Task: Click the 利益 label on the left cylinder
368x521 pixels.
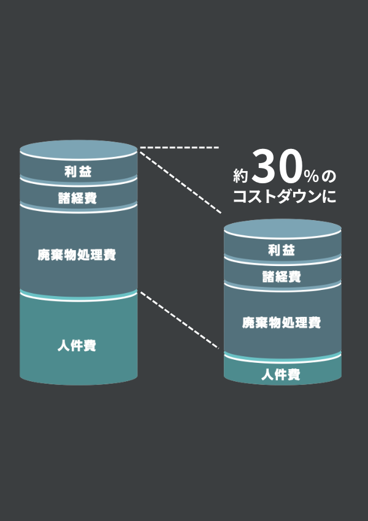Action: coord(78,172)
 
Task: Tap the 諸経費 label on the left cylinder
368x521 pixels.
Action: coord(78,198)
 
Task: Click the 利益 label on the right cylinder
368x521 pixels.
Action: coord(282,250)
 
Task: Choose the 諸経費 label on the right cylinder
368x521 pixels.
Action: coord(282,276)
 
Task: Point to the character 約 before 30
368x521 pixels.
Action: coord(240,176)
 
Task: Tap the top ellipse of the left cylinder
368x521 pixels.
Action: coord(78,148)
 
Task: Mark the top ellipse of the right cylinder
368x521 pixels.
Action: coord(282,227)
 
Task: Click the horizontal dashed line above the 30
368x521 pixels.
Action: coord(179,148)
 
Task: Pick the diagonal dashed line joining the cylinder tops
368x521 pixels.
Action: coord(179,181)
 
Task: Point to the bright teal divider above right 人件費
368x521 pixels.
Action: coord(282,358)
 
